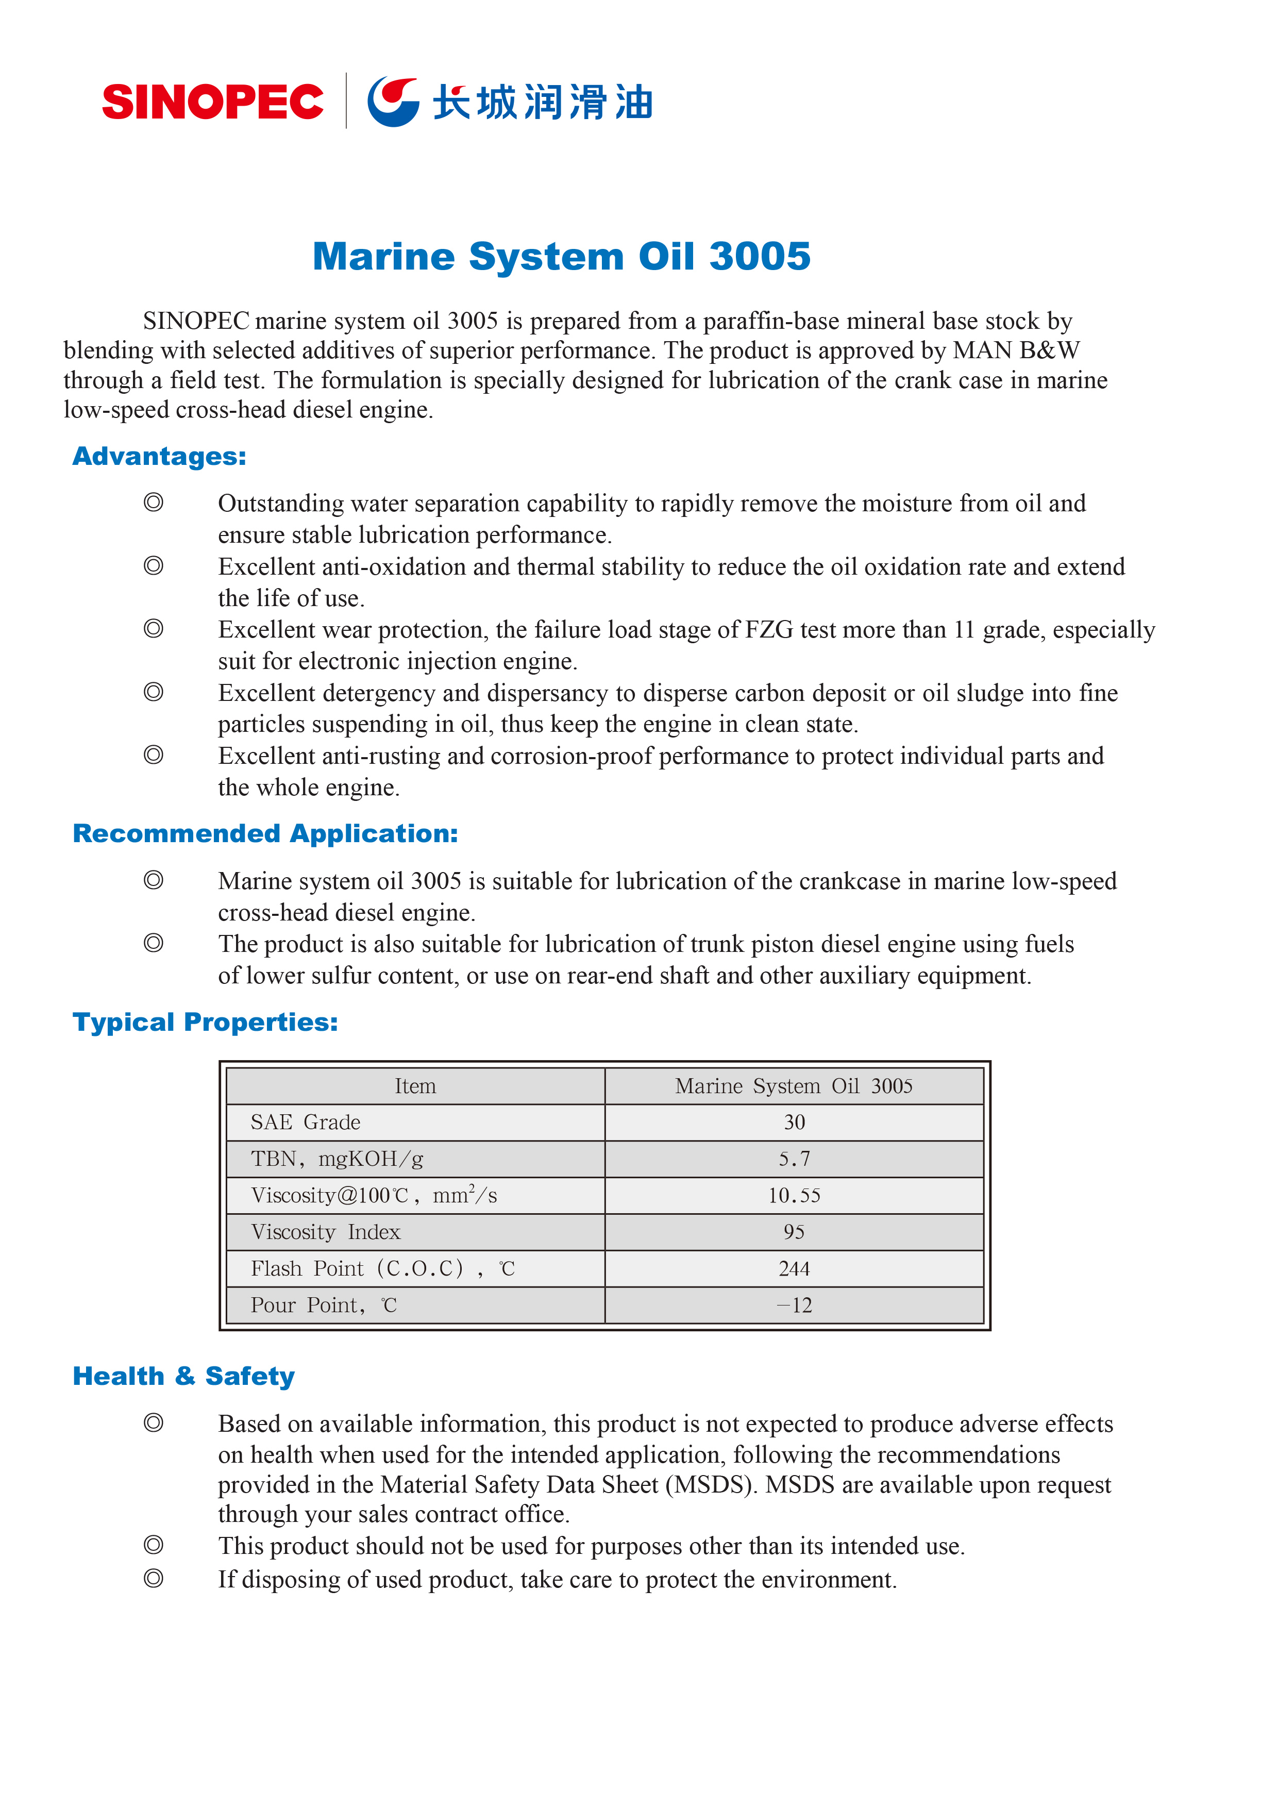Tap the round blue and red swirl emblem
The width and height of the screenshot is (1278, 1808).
pos(393,102)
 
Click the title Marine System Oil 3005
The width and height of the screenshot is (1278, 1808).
pos(561,257)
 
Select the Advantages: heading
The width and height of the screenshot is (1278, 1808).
pos(159,457)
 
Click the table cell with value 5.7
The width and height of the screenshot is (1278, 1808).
pos(794,1159)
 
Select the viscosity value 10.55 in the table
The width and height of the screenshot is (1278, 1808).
pos(794,1195)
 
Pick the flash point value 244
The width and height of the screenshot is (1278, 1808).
pos(794,1268)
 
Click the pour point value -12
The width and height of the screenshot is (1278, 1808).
pos(794,1305)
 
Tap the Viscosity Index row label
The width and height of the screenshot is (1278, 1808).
pos(325,1232)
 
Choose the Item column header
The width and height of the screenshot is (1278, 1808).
pos(415,1086)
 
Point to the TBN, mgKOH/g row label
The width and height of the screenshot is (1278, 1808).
pos(337,1159)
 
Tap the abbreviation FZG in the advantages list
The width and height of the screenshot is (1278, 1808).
pos(768,630)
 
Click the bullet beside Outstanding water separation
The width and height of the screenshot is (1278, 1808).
pos(154,503)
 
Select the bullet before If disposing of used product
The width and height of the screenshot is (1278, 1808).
pos(154,1579)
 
